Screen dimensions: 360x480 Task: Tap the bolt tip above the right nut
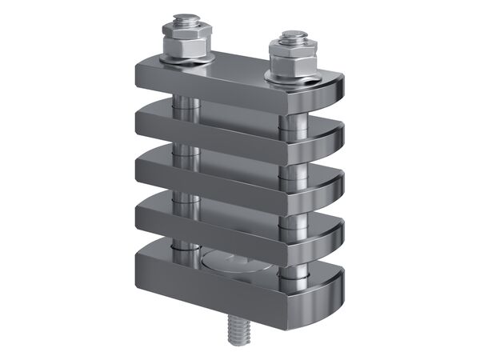290,38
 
